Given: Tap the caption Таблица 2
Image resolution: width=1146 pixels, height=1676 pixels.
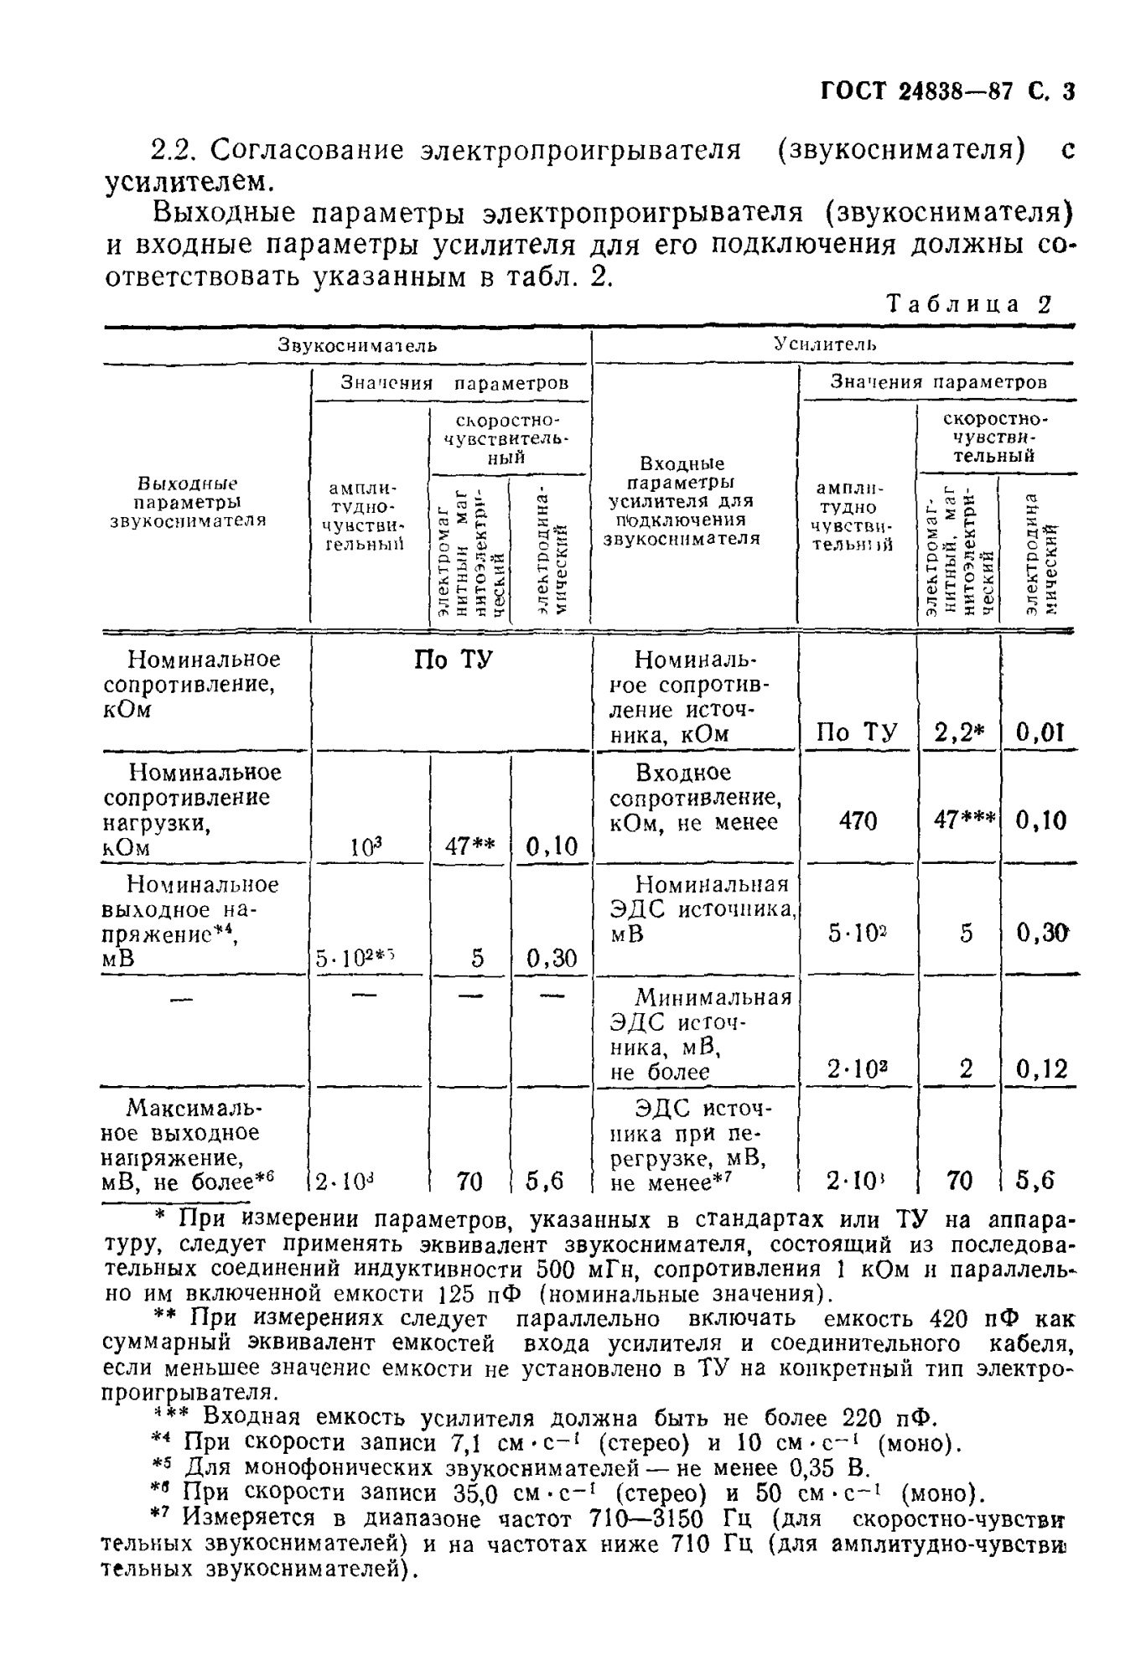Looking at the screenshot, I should pyautogui.click(x=968, y=303).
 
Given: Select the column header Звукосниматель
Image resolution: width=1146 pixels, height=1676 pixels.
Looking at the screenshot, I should pyautogui.click(x=357, y=345).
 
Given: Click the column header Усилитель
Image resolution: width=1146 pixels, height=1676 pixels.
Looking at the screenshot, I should pyautogui.click(x=825, y=344).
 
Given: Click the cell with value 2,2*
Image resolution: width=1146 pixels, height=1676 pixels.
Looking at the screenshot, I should pyautogui.click(x=958, y=733).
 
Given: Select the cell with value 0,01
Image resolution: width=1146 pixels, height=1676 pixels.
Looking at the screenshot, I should pyautogui.click(x=1040, y=733).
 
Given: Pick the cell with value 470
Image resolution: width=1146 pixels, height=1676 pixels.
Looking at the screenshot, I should pyautogui.click(x=858, y=820).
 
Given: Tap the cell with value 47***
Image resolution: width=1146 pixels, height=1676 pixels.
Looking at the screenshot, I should pyautogui.click(x=964, y=820).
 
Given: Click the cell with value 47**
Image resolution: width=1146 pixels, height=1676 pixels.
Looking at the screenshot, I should pyautogui.click(x=470, y=846).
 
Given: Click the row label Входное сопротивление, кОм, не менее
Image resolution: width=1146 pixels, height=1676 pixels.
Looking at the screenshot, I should pyautogui.click(x=693, y=798).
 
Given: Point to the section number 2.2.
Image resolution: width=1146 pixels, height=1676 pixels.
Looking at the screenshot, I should pyautogui.click(x=176, y=151).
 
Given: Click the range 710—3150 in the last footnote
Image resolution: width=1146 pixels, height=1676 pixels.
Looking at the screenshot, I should pyautogui.click(x=654, y=1518).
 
